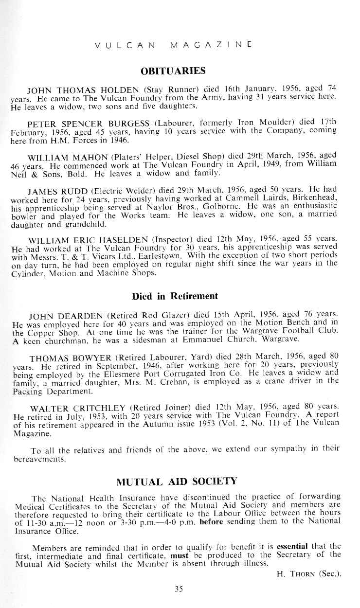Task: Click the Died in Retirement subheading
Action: point(175,296)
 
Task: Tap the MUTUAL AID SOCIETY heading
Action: point(177,482)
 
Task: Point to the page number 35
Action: point(179,589)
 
